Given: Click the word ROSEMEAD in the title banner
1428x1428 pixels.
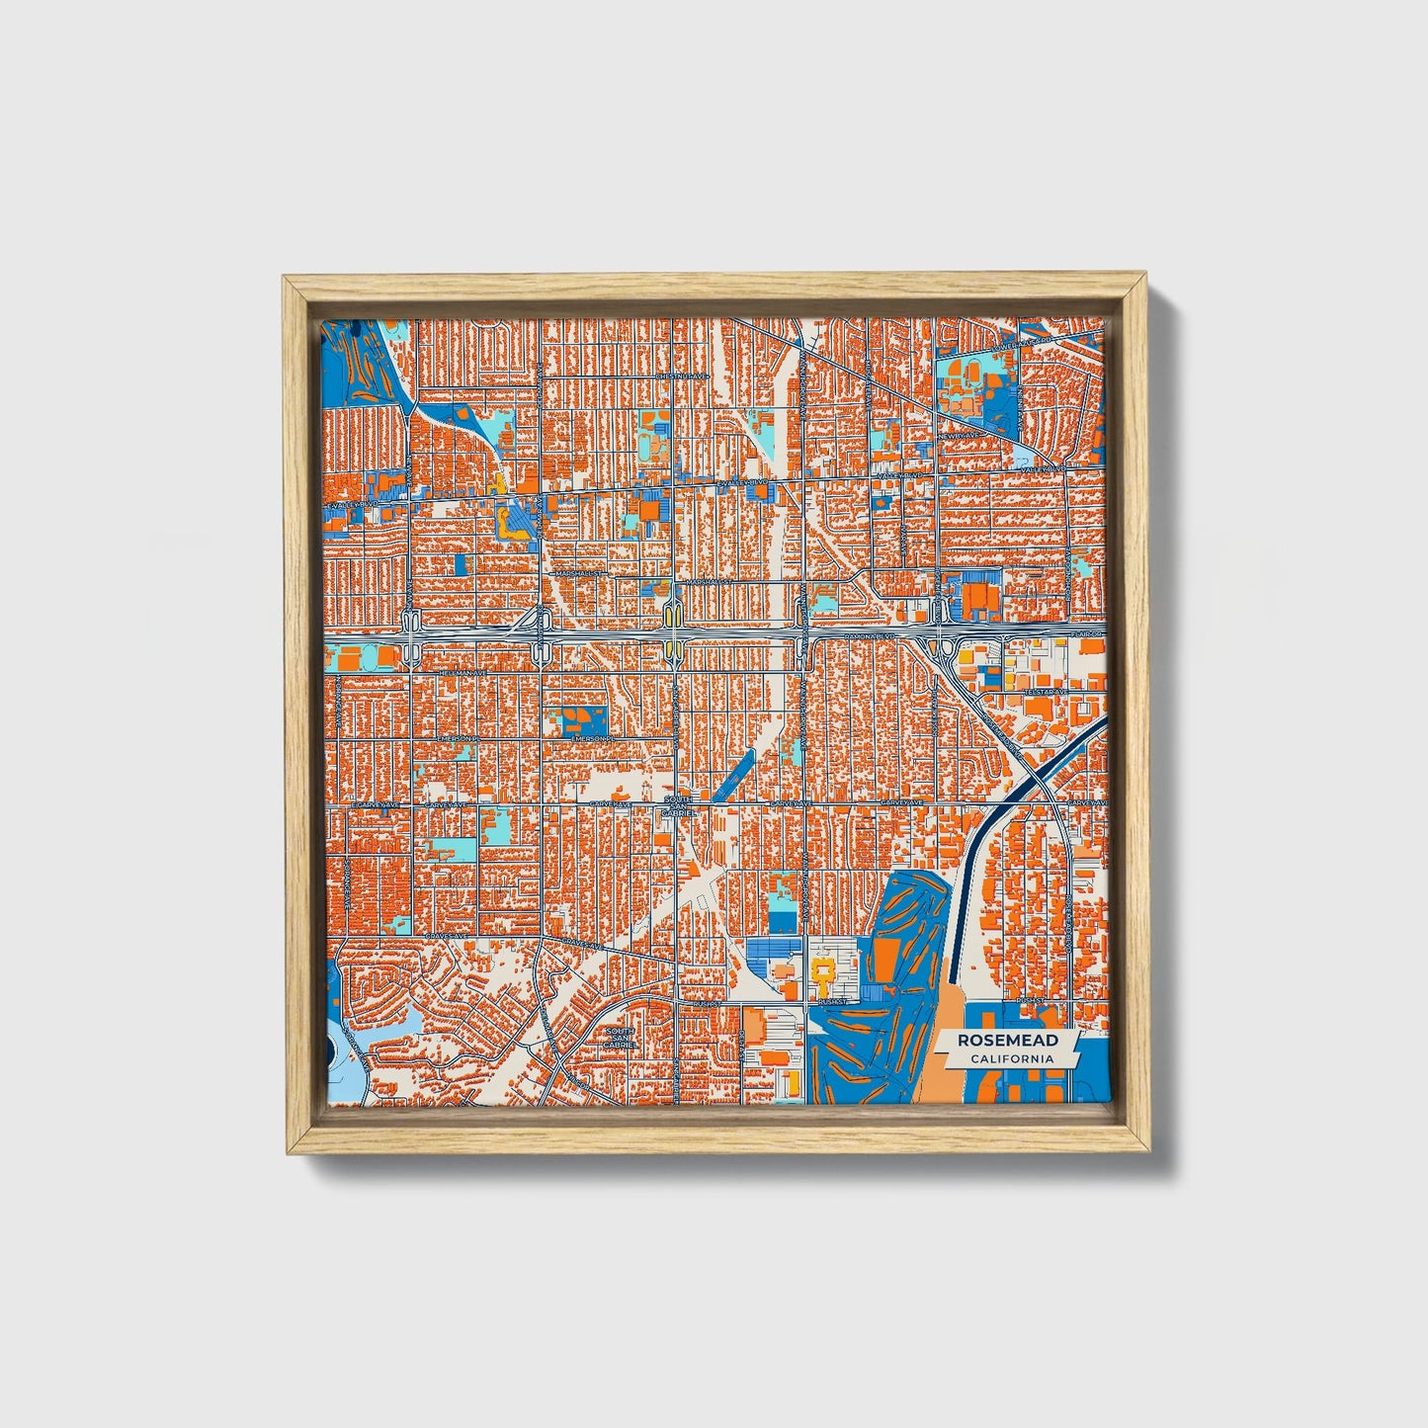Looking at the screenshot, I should (x=1006, y=1041).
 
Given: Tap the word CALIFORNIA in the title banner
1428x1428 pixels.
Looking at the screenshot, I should (x=1011, y=1059).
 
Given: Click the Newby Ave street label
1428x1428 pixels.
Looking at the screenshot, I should (x=958, y=435).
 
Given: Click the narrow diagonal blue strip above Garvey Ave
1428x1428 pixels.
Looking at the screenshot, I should (x=733, y=774).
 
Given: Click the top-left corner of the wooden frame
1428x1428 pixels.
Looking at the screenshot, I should (x=287, y=280).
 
